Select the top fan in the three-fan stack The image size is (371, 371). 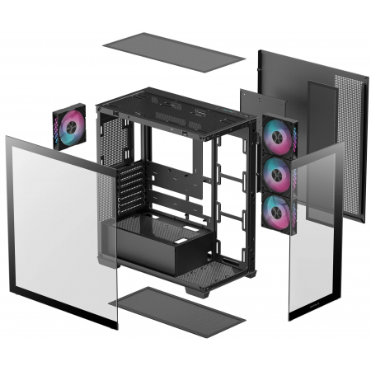coord(280,136)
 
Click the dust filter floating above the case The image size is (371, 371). coord(173,51)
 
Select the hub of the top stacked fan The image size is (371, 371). coord(280,136)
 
